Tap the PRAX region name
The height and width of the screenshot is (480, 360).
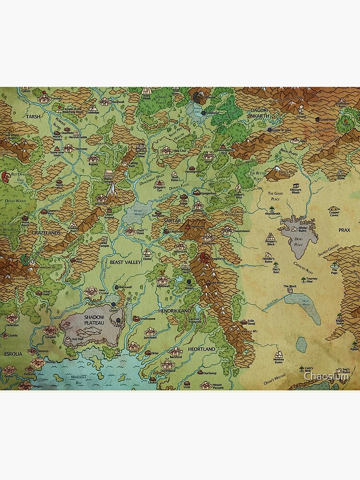[344, 230]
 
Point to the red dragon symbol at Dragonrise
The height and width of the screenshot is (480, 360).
[204, 256]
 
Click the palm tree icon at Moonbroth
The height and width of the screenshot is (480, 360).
[272, 208]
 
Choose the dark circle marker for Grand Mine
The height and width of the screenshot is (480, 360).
[316, 119]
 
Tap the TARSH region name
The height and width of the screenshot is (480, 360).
[34, 117]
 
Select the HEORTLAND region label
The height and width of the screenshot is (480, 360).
[202, 349]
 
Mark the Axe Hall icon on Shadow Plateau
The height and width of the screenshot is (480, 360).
[69, 339]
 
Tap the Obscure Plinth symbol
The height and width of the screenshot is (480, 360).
[295, 185]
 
